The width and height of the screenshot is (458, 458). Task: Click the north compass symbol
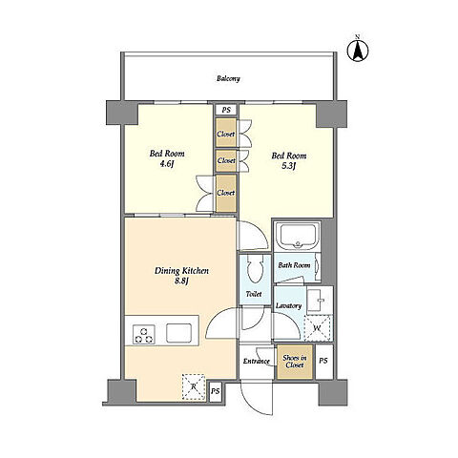click(358, 50)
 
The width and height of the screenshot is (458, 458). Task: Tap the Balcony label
click(228, 78)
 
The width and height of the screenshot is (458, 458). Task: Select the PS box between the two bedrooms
click(226, 110)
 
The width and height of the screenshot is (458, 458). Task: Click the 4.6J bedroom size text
click(167, 164)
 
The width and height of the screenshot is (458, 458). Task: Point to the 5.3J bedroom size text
click(289, 166)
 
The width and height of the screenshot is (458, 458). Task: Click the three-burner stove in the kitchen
click(144, 335)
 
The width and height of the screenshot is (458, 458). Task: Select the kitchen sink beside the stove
click(179, 333)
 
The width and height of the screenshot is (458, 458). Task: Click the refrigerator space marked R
click(194, 386)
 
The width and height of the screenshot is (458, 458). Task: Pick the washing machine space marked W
click(318, 328)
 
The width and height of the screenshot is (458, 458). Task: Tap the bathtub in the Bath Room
click(298, 236)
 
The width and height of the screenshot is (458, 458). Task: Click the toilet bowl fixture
click(255, 269)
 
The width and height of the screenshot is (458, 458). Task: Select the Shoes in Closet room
click(295, 362)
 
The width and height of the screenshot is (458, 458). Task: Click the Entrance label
click(257, 362)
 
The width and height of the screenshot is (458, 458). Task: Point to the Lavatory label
click(288, 305)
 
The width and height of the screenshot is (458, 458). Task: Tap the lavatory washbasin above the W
click(320, 300)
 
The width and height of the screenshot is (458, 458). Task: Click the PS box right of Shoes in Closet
click(323, 361)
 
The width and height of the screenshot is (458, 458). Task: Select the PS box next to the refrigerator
click(216, 391)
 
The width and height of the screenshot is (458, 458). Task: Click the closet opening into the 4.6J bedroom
click(226, 193)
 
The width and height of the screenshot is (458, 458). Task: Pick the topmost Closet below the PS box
click(226, 134)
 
